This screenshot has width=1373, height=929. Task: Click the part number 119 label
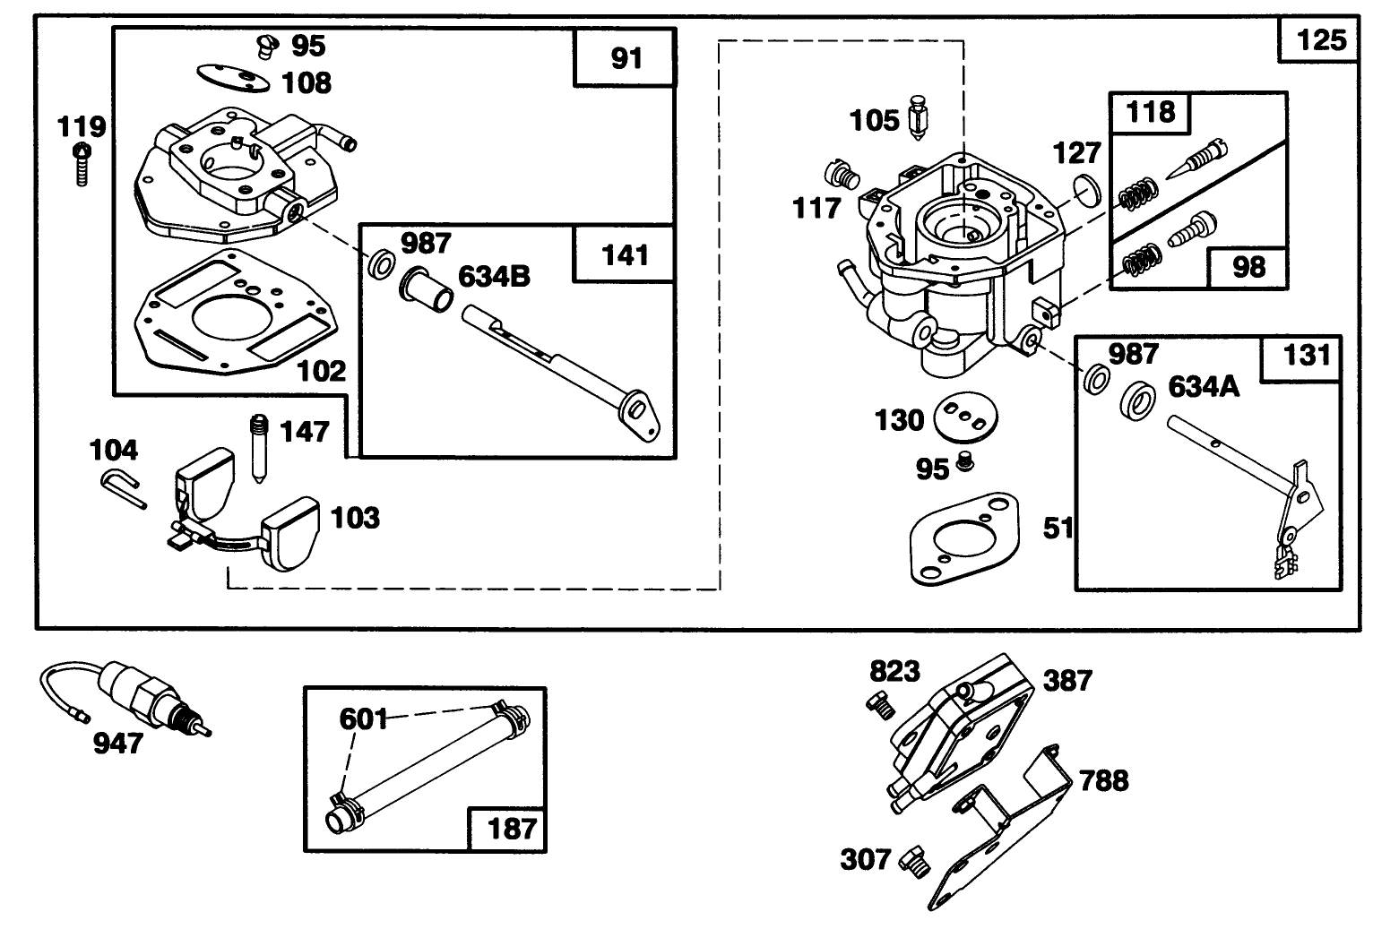[82, 127]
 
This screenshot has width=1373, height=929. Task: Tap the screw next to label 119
[82, 164]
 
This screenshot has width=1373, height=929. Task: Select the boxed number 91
[626, 58]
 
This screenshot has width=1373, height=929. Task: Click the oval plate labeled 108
[233, 79]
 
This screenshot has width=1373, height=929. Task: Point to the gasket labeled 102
[236, 312]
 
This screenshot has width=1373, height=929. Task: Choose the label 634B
[494, 277]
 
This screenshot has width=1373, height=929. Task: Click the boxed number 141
[626, 255]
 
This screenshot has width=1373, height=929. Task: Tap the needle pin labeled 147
[260, 449]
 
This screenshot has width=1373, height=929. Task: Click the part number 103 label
[355, 518]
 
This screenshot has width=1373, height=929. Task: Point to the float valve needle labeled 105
[918, 117]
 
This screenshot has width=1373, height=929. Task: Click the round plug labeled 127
[1087, 191]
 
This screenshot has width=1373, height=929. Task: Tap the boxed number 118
[1151, 112]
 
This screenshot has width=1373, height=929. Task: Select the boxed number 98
[1248, 267]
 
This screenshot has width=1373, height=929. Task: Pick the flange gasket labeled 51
[965, 539]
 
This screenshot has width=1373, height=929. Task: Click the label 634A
[1204, 387]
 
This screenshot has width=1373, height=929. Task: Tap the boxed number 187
[512, 830]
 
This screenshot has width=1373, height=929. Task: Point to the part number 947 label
[117, 744]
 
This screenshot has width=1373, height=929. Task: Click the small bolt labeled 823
[880, 705]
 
